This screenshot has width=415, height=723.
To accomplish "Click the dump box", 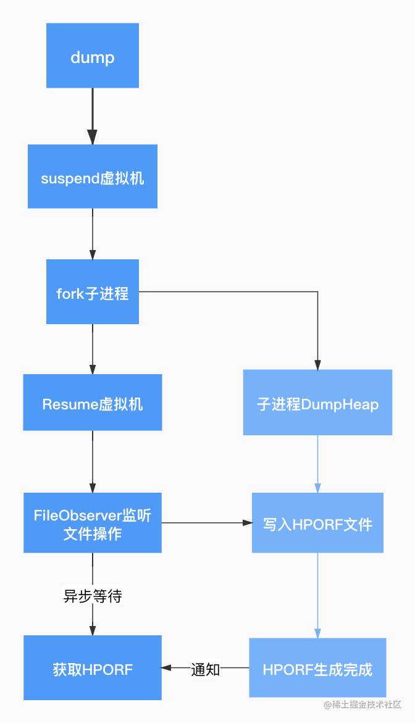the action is (x=92, y=56).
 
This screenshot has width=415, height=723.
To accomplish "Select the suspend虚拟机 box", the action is (x=92, y=176).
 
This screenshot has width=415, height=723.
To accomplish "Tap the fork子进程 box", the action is (x=92, y=291).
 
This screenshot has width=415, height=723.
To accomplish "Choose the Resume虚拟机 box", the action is (x=92, y=402).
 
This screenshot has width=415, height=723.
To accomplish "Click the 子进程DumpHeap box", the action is (x=317, y=402).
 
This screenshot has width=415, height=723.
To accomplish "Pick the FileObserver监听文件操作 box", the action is (x=92, y=522).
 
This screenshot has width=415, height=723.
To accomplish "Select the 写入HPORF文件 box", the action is (x=317, y=522).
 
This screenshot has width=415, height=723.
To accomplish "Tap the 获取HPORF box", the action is (x=92, y=667).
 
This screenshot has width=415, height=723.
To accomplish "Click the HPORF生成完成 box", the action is (x=317, y=667).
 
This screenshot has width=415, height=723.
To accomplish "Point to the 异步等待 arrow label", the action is (x=93, y=596).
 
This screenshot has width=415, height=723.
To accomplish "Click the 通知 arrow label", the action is (x=206, y=669).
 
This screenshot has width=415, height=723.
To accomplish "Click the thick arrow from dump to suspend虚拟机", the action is (x=92, y=116).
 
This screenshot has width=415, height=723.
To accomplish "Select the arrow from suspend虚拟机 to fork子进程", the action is (x=92, y=234).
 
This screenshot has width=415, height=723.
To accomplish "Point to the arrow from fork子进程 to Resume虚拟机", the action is (x=92, y=349).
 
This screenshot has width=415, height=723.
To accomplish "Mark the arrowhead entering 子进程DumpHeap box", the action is (x=317, y=365).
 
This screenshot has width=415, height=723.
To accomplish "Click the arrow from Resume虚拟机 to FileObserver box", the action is (x=92, y=462).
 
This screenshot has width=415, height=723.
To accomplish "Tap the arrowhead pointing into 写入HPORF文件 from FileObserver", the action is (x=248, y=522).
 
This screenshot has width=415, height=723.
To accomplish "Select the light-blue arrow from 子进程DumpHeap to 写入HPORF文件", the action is (x=317, y=464).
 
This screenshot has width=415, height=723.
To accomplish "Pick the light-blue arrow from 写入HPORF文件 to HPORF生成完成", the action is (x=317, y=595).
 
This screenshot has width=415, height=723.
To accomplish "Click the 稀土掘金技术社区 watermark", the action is (x=363, y=704).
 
